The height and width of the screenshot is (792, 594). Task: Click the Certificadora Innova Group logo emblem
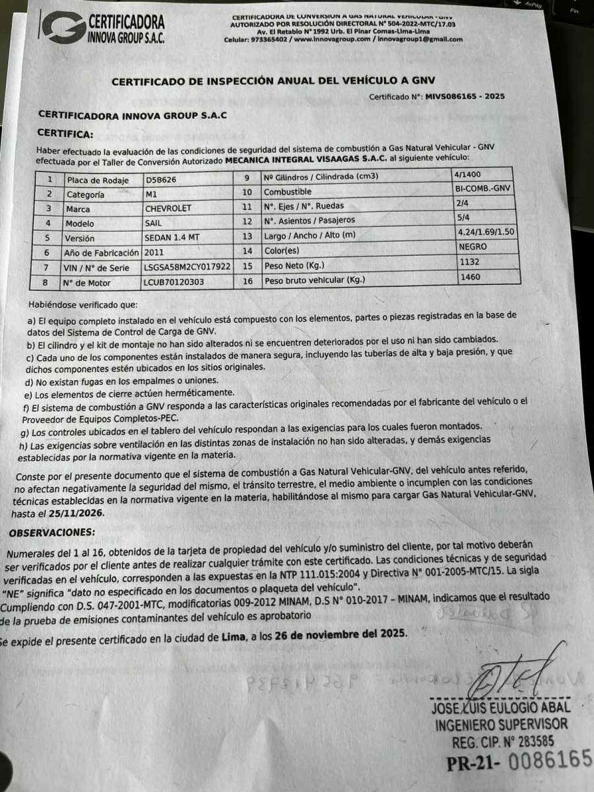[62, 27]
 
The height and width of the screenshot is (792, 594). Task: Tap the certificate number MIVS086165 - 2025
[465, 96]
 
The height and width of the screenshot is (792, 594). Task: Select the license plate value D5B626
[161, 180]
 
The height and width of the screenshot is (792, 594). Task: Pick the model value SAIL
[154, 224]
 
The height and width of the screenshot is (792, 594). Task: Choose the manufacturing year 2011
[155, 253]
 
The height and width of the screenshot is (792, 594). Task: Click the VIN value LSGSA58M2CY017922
[187, 267]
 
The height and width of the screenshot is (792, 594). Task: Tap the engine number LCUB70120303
[174, 283]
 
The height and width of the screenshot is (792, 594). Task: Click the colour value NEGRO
[472, 246]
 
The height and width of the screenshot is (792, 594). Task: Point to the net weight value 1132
[468, 261]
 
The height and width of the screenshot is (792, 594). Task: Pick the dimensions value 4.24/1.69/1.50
[485, 232]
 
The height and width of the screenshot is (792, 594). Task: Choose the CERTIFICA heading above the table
[65, 134]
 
